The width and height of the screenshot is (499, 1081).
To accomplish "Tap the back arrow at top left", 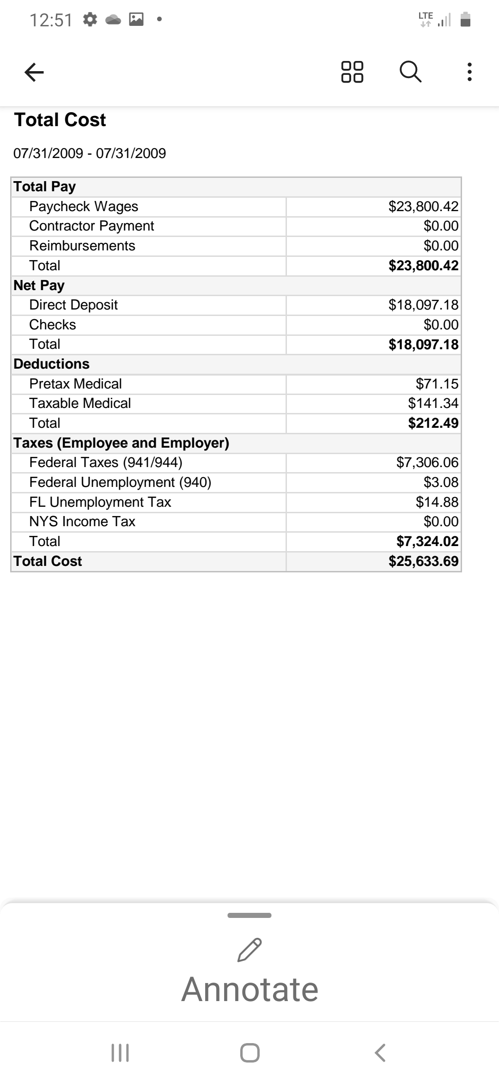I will (34, 72).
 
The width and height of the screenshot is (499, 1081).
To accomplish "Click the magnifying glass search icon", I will (410, 72).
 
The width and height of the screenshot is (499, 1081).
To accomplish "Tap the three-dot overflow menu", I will (469, 72).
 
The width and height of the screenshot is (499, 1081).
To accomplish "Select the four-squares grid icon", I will (352, 72).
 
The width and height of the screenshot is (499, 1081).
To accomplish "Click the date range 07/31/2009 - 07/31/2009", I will (90, 153).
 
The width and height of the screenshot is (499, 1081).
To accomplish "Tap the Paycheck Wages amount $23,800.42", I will (423, 206).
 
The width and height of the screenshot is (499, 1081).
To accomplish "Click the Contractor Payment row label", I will (91, 226).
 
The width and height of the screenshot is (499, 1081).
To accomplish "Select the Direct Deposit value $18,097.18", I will (423, 305).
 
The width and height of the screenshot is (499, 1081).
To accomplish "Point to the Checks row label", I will (53, 325).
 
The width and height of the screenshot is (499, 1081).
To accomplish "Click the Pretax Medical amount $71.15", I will (437, 384).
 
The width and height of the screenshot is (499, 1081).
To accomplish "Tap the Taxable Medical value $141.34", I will (433, 403).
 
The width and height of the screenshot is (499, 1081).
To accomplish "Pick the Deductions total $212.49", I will (433, 423).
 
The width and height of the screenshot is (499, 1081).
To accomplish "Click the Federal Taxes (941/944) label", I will (106, 462).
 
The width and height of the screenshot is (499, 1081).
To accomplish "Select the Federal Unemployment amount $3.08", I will (441, 482).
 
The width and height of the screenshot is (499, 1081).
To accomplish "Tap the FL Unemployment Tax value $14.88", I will (437, 502).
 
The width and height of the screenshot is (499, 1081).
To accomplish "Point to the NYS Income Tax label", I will (82, 522).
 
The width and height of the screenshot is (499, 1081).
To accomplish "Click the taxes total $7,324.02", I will (427, 541).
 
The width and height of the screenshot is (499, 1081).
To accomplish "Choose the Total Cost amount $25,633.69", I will (423, 561).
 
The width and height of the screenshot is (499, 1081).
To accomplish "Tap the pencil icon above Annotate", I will (249, 950).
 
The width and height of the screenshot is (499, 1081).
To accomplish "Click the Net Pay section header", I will (39, 285).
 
